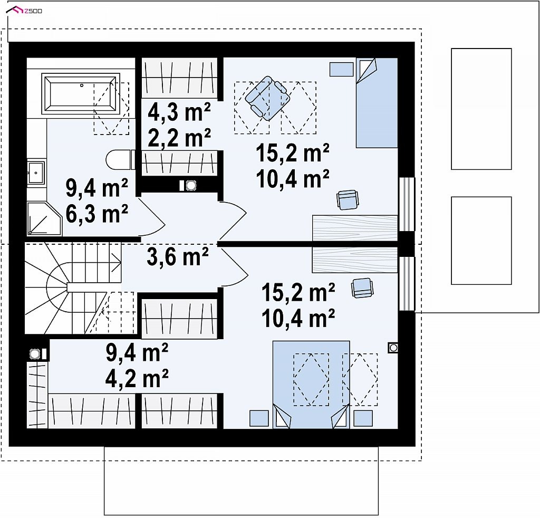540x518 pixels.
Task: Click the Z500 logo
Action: point(24,11)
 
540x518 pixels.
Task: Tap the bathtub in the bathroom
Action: point(81,93)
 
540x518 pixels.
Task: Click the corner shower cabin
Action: point(44,219)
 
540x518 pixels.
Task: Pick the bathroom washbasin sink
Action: point(36,171)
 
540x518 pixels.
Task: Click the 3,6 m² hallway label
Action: point(178,256)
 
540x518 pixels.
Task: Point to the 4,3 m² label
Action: point(179,112)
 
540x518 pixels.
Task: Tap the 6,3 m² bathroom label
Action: point(97,214)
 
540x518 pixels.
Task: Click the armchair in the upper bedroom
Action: point(267,98)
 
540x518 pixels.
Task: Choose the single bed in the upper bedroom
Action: point(377,103)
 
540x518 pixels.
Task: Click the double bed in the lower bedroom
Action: point(311,385)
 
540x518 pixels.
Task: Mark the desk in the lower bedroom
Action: point(355,260)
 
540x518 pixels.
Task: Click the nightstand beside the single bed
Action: point(341,69)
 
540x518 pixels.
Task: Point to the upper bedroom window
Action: point(407,204)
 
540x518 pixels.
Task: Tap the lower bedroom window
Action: point(407,284)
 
